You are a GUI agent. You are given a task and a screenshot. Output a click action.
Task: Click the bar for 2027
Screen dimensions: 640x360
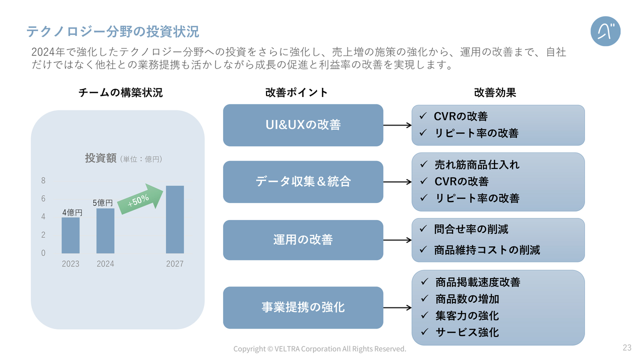175,219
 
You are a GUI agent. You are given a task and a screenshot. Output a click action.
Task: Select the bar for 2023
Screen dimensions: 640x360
70,235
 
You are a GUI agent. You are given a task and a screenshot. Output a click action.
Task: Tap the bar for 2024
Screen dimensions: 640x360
105,231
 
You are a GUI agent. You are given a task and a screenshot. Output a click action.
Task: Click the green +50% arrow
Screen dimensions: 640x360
140,199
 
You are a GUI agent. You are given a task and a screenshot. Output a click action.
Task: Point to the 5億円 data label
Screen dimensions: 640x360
102,203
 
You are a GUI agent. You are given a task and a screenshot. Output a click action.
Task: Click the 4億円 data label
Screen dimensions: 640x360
72,212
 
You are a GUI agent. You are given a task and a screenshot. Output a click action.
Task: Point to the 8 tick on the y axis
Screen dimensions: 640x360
43,180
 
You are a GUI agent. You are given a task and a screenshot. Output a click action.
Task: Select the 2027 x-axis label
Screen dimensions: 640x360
175,263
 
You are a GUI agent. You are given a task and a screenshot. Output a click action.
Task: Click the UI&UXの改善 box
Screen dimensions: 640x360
303,125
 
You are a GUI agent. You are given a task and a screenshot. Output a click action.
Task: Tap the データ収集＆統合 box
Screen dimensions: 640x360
303,182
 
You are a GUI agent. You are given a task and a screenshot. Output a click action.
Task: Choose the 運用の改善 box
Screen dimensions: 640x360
303,240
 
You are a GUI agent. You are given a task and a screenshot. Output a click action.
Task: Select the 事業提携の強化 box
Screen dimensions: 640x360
303,307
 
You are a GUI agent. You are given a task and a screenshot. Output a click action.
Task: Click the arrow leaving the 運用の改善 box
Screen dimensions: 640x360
397,240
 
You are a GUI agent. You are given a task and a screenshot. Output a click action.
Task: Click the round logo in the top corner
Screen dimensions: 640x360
605,31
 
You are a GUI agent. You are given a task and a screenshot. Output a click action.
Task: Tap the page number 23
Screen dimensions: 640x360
627,347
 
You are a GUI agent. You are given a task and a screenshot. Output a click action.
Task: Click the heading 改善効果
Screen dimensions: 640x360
495,92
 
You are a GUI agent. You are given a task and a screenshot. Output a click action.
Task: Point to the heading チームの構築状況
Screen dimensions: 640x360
120,92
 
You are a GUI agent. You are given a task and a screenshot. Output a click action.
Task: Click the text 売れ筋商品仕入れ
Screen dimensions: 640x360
477,165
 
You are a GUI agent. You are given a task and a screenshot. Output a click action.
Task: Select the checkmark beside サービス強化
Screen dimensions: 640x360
424,331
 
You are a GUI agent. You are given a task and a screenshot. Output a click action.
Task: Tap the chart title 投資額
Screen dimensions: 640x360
100,158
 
